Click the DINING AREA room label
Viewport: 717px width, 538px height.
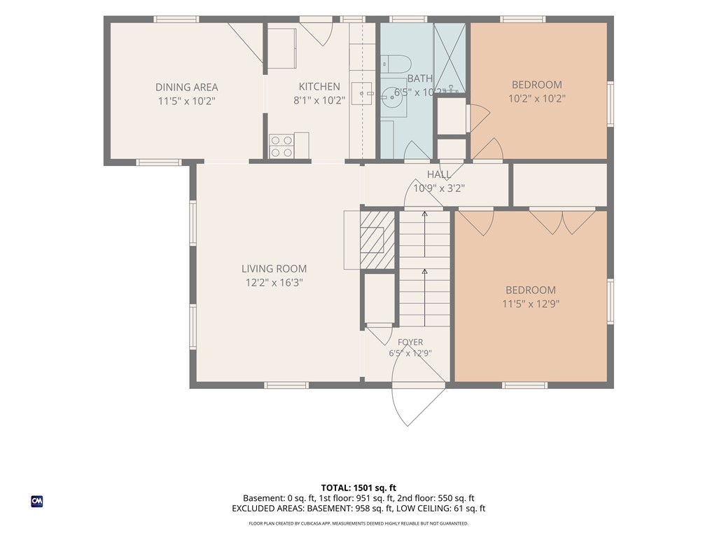(x=186, y=87)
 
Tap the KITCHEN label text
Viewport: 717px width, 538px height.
(x=319, y=86)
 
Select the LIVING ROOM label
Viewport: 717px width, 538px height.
(x=274, y=268)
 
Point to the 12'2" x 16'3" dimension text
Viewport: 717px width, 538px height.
(x=274, y=283)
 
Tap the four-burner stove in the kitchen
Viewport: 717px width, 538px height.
(x=281, y=146)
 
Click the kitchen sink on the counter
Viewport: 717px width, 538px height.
(x=362, y=94)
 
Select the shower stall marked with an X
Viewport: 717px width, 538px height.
(x=449, y=57)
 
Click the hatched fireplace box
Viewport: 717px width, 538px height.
(x=377, y=240)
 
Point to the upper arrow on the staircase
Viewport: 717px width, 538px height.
(x=425, y=233)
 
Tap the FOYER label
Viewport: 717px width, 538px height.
(x=410, y=342)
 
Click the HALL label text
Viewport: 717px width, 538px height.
(x=439, y=174)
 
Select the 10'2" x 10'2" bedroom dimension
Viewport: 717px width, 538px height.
(x=537, y=98)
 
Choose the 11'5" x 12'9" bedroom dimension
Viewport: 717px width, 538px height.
(x=531, y=304)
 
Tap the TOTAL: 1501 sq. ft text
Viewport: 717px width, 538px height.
(x=358, y=488)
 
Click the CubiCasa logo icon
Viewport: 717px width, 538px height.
(x=37, y=502)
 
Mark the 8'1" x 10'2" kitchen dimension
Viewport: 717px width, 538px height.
(x=319, y=101)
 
